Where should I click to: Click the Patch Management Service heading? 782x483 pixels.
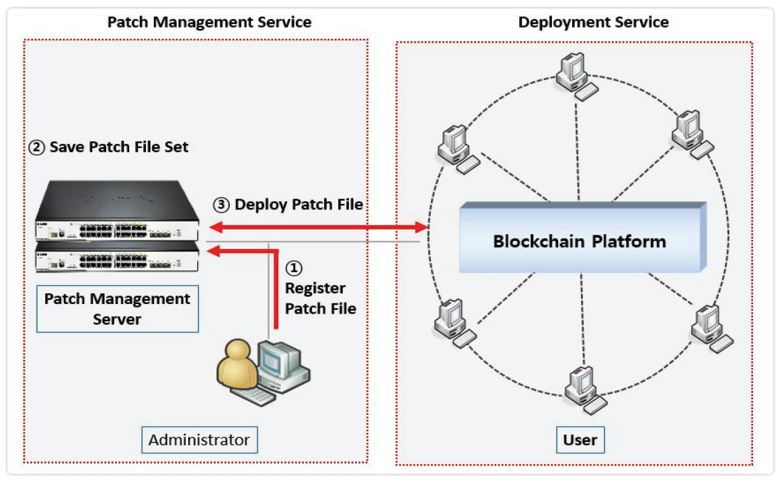[x=209, y=22]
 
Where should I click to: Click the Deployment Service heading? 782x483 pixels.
[x=593, y=22]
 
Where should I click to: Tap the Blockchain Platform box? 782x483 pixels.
[x=580, y=240]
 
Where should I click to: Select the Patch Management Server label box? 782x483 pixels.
[x=118, y=309]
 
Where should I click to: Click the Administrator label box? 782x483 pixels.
[x=199, y=441]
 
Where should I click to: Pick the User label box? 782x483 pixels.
[x=580, y=440]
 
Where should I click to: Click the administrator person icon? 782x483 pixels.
[x=237, y=367]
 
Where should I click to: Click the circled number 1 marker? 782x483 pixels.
[x=295, y=268]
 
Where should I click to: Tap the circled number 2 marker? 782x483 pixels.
[x=36, y=147]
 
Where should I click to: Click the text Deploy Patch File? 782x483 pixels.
[x=299, y=204]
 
